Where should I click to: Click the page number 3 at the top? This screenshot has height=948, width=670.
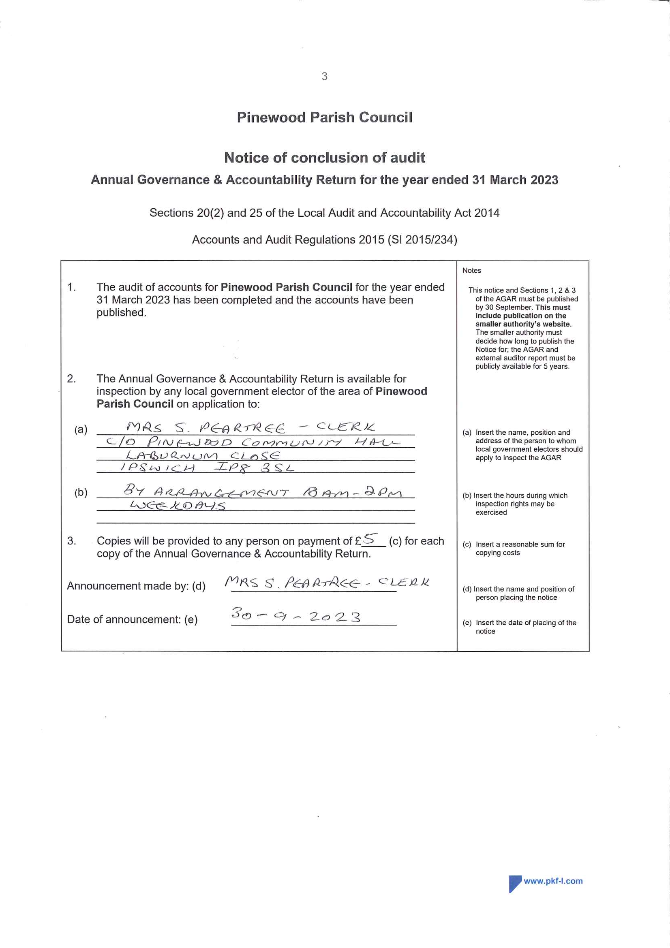324,77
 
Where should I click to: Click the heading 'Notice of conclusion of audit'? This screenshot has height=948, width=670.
324,158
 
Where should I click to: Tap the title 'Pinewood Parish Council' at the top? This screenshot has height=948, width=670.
324,117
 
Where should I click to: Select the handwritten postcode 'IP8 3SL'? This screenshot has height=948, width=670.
254,468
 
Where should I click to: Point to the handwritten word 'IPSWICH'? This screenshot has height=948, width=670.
157,468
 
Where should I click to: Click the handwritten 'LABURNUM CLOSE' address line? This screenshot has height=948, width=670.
203,455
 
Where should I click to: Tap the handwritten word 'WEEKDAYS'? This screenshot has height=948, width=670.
178,505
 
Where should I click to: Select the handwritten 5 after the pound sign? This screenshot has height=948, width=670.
370,539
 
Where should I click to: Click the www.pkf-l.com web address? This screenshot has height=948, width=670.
553,881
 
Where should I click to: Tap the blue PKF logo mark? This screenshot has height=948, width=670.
515,884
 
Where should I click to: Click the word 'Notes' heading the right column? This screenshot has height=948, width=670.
472,271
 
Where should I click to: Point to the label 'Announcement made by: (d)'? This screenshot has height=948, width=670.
136,586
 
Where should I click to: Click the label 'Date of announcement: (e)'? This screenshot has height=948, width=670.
132,619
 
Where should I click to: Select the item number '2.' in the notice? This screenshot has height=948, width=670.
71,379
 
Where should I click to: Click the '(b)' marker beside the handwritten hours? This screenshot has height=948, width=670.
81,492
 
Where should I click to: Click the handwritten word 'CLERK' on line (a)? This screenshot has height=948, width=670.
345,427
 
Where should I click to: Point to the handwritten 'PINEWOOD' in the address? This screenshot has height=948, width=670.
190,442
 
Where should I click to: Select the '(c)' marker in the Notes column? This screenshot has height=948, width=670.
467,544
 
